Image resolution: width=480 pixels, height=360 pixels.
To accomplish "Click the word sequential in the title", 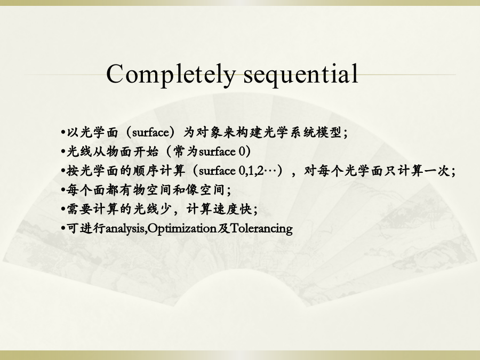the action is tap(301, 74).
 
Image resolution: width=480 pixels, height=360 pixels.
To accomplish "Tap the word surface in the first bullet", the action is tap(150, 133).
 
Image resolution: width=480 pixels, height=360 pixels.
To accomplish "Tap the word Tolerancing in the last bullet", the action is tap(261, 228).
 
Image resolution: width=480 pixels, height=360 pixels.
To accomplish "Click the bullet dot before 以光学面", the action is tap(63, 133).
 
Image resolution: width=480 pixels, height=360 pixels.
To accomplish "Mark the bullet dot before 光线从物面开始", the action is tap(63, 152).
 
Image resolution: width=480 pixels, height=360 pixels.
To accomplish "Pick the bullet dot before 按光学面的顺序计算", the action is tap(63, 171).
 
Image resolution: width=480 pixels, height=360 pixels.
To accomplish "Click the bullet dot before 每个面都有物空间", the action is tap(63, 190).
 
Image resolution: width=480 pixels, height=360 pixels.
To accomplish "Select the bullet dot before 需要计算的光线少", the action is tap(63, 210).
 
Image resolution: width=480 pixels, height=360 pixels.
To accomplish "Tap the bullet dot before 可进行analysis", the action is tap(63, 229).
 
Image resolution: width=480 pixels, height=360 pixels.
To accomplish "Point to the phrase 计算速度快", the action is tap(219, 210).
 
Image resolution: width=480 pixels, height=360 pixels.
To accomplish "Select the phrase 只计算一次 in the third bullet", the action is tap(417, 171).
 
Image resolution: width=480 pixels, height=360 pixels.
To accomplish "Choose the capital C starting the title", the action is tap(115, 74).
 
